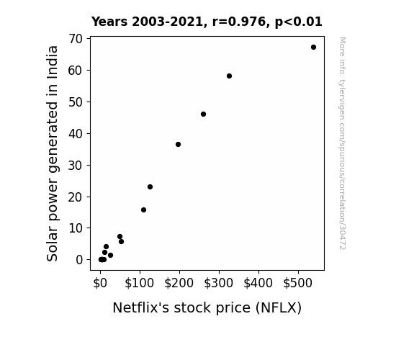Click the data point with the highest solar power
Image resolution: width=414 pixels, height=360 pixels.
coord(313,48)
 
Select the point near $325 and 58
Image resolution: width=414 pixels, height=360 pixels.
coord(229,76)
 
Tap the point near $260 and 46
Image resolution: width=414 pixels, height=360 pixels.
coord(203,114)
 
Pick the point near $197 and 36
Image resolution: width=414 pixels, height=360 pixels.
coord(179,145)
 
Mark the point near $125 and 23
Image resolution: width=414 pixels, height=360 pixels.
coord(150,187)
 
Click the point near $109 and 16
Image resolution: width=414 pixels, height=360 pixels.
coord(143,210)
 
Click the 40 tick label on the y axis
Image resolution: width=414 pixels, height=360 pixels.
coord(76,134)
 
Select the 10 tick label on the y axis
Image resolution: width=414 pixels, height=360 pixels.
coord(76,228)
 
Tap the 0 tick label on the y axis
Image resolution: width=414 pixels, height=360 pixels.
coord(79,260)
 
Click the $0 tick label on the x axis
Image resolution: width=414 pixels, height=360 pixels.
coord(100,283)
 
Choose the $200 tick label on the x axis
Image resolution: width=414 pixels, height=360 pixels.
coord(179,283)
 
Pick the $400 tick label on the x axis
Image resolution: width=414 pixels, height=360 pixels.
coord(258,283)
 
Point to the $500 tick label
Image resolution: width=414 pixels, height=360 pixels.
coord(298,283)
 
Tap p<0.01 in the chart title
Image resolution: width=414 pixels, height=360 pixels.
coord(299,22)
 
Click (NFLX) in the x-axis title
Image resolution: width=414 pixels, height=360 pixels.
coord(279,307)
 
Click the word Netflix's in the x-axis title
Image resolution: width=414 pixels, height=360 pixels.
coord(140,307)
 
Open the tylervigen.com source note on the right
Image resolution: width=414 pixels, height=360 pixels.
coord(342,143)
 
